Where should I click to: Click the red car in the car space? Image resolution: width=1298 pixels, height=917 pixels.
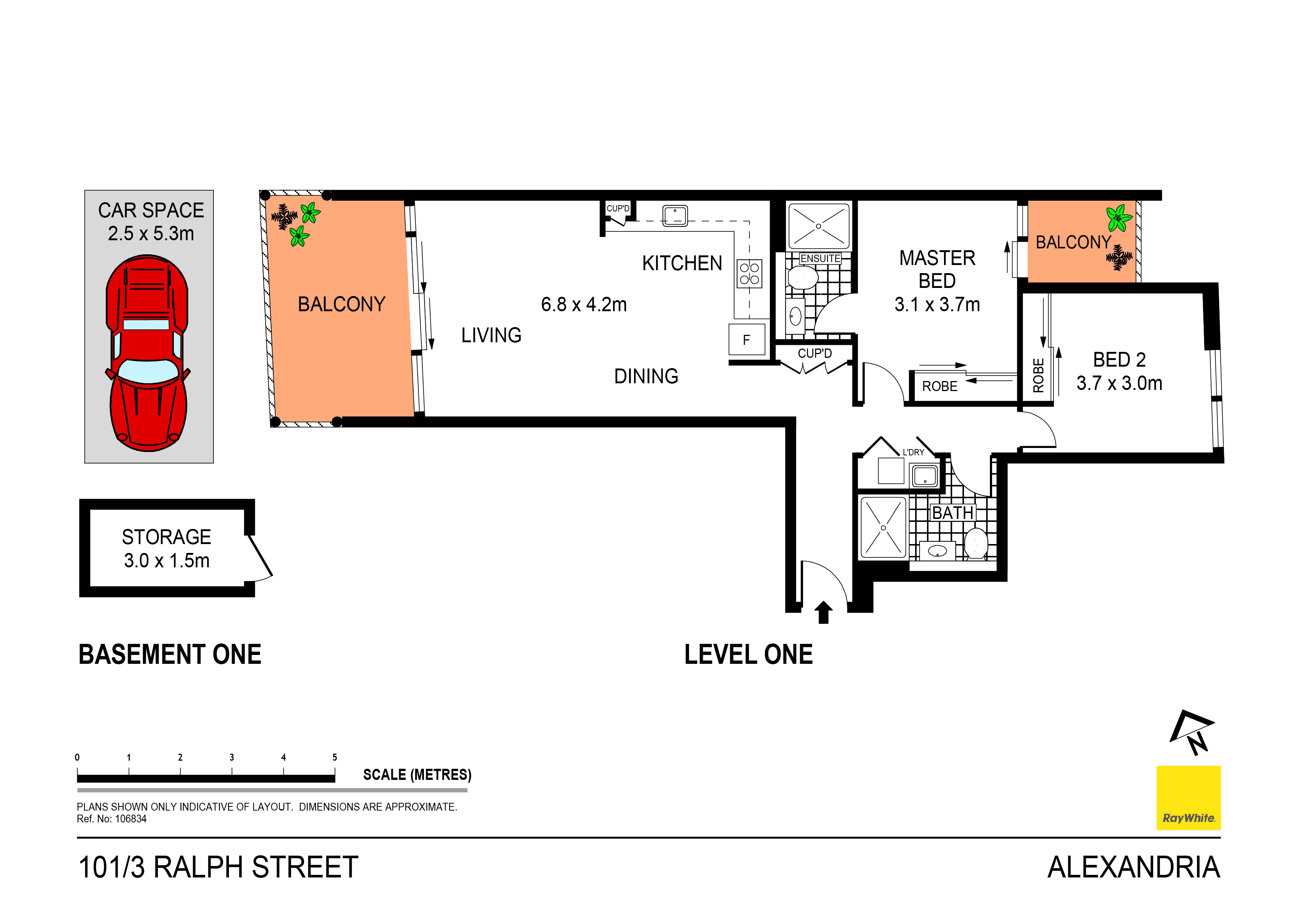pyautogui.click(x=147, y=353)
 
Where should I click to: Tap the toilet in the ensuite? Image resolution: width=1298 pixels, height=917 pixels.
pyautogui.click(x=803, y=278)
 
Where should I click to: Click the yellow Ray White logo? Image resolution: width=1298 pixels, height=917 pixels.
pyautogui.click(x=1189, y=798)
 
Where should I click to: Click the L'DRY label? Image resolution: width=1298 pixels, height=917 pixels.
pyautogui.click(x=913, y=452)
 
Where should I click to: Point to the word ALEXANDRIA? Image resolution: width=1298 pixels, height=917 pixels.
pyautogui.click(x=1133, y=867)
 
